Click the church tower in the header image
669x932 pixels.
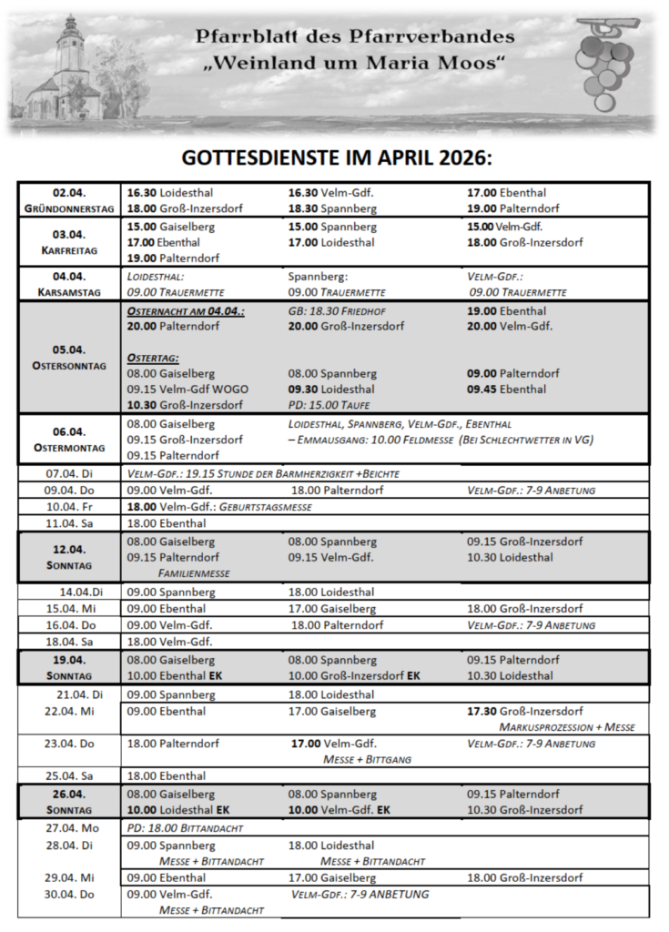coord(68,50)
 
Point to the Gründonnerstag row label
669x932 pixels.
coord(69,200)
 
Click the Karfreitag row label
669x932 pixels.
coord(69,241)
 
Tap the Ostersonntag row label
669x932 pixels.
coord(69,357)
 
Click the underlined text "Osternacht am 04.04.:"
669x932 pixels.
coord(187,311)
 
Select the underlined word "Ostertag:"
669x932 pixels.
coord(153,359)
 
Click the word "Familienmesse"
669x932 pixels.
coord(194,573)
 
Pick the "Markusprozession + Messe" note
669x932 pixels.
coord(567,727)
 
